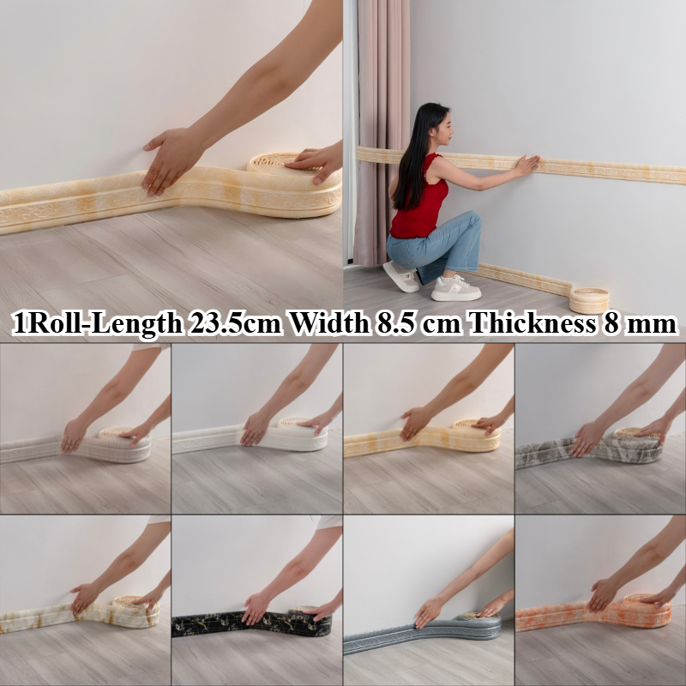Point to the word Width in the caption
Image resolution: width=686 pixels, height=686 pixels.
click(x=329, y=324)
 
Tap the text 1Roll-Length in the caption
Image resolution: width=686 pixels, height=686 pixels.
click(x=97, y=325)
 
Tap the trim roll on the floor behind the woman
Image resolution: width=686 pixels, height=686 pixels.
click(x=589, y=300)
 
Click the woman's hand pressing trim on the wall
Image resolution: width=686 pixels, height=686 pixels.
click(x=527, y=165)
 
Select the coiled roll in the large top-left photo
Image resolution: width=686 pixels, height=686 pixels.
click(x=294, y=184)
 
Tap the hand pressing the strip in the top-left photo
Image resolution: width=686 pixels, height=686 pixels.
click(x=168, y=159)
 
